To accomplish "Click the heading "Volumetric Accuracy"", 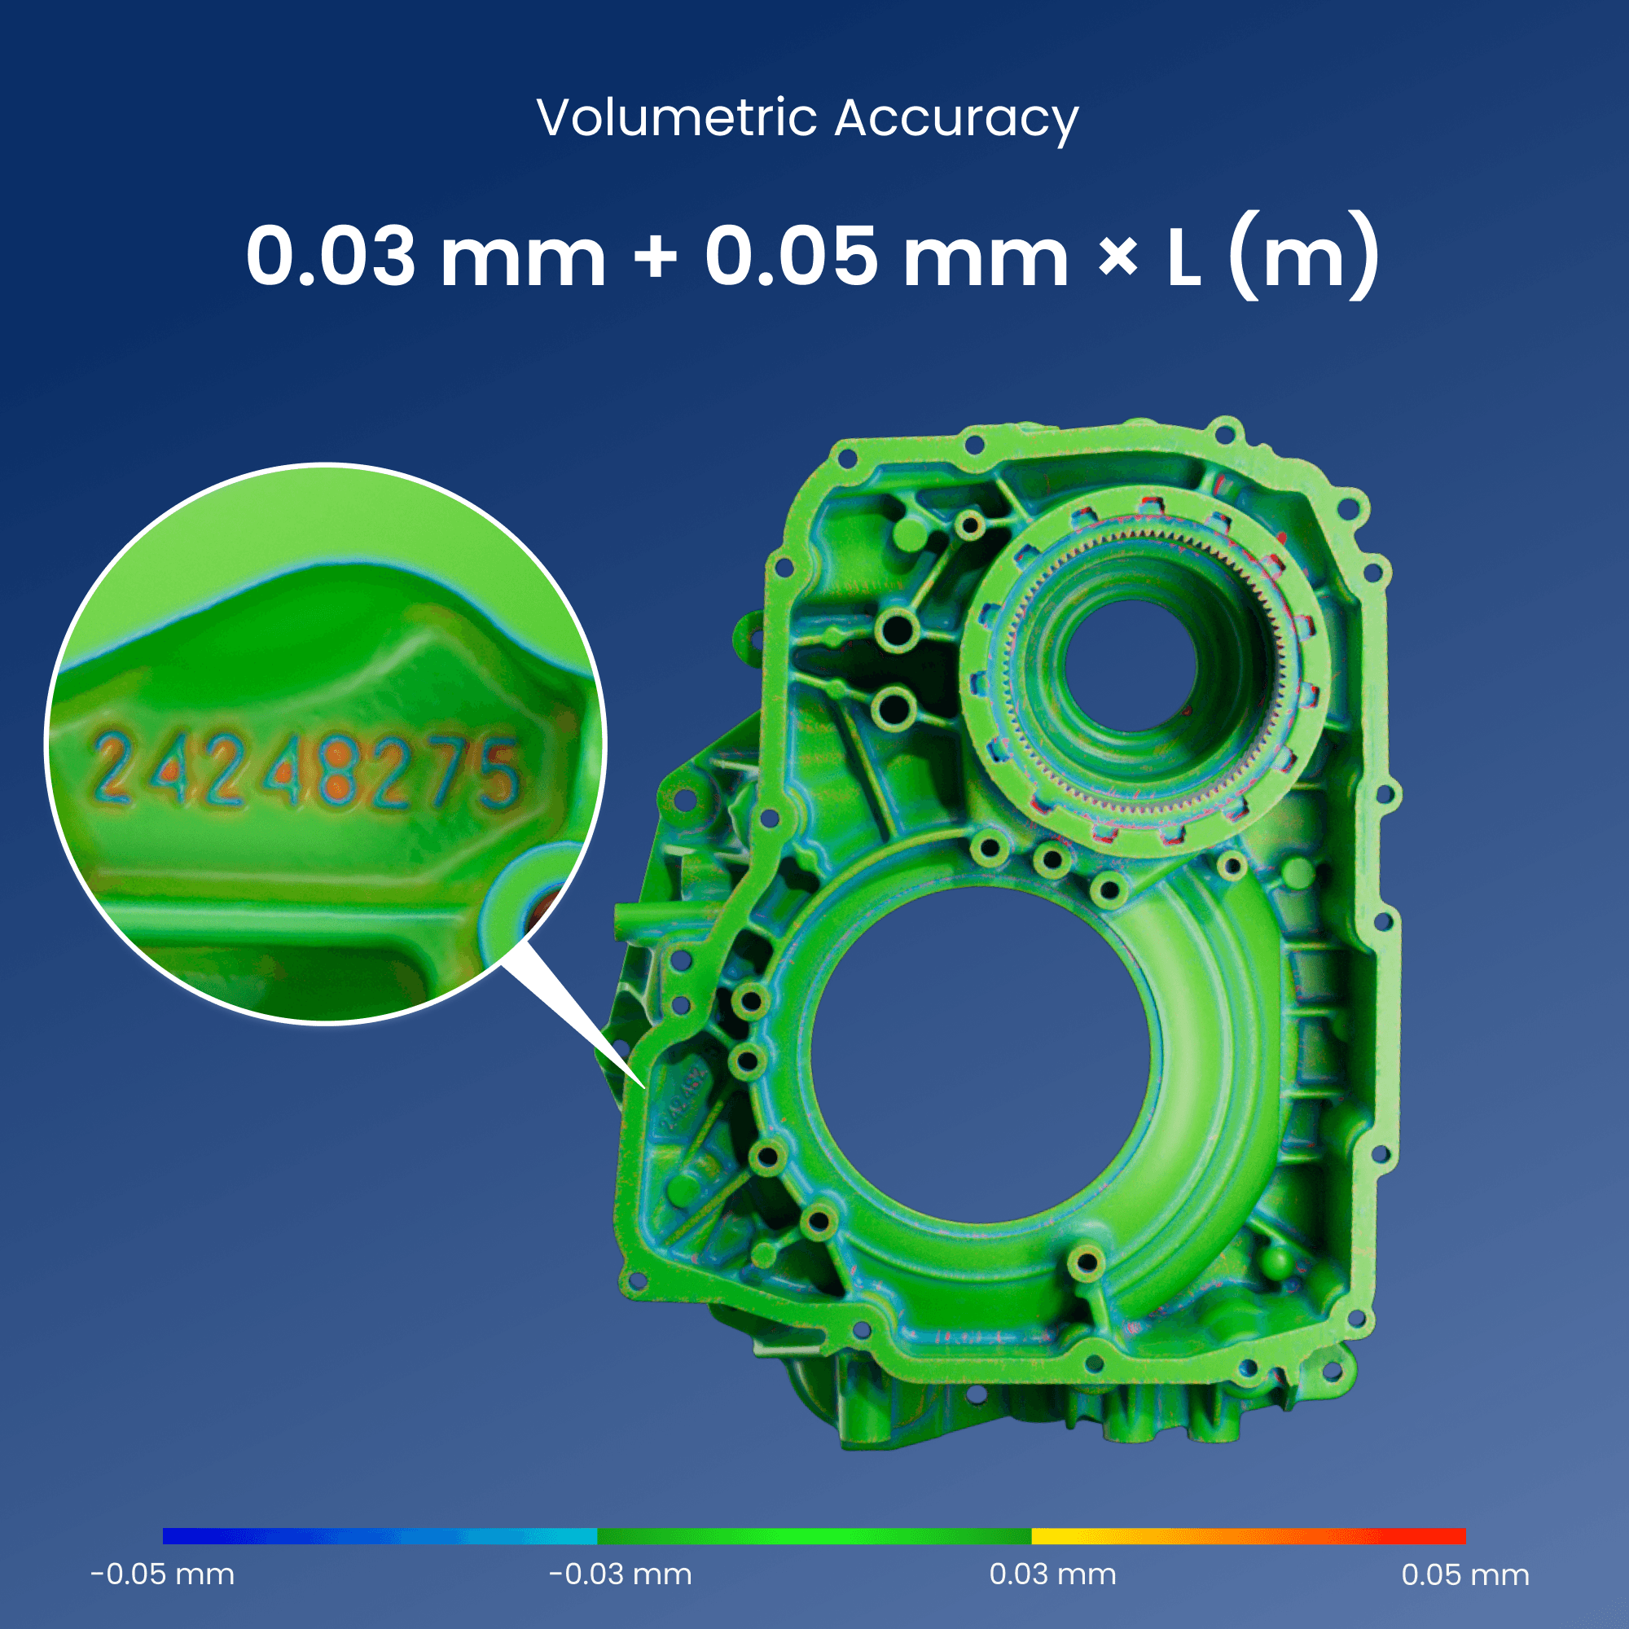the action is point(807,118).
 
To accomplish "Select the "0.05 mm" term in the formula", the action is point(887,257).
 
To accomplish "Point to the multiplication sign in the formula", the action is point(1118,258).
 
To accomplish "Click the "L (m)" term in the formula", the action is point(1272,257).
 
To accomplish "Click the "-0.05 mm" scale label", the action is point(163,1574).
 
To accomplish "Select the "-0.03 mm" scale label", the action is point(621,1574).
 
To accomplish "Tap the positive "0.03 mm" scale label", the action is point(1052,1574).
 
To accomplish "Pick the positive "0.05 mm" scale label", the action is point(1465,1574).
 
